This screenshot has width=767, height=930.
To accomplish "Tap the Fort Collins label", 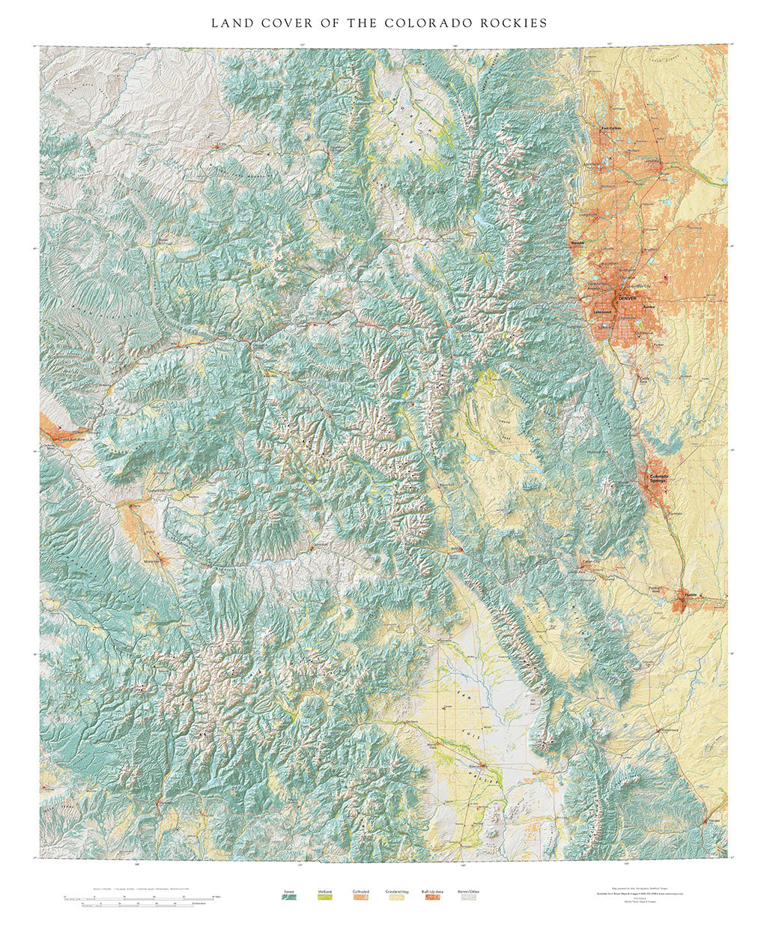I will [x=611, y=128].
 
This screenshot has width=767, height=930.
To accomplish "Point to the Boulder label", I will [x=577, y=244].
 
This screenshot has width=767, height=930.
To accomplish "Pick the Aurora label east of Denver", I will [x=649, y=307].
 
